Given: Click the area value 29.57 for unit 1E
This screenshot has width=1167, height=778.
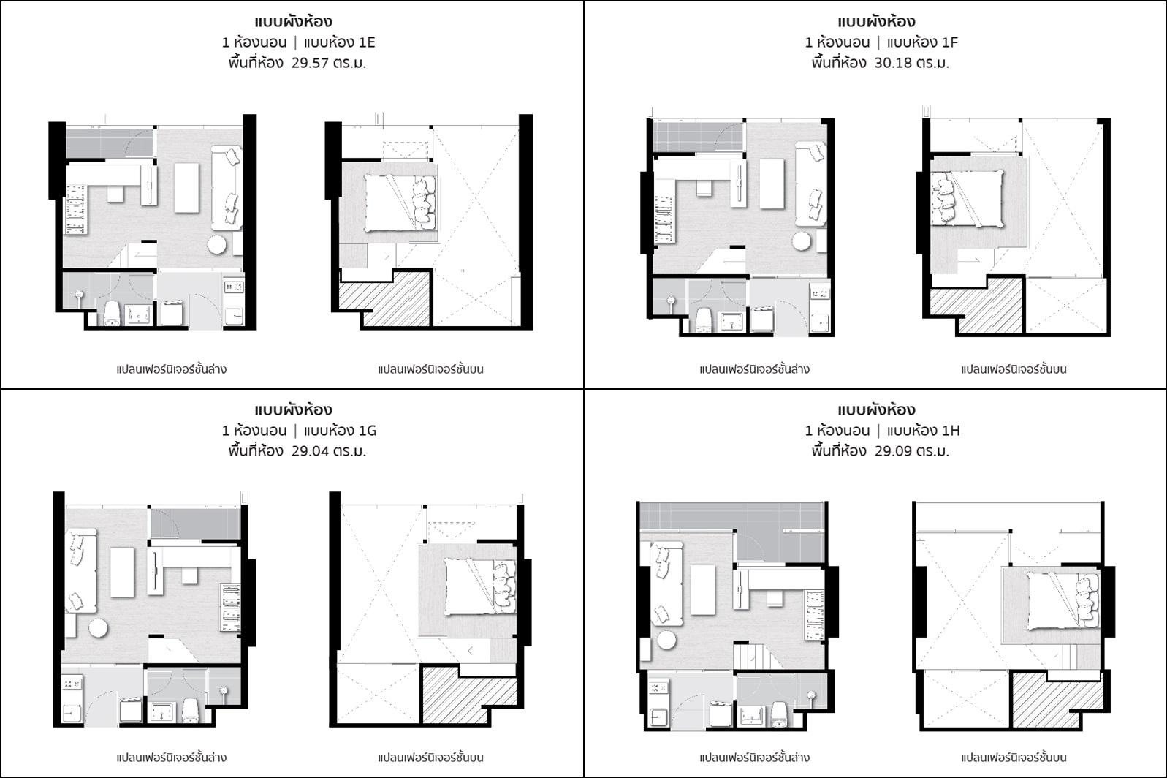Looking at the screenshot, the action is pyautogui.click(x=310, y=63).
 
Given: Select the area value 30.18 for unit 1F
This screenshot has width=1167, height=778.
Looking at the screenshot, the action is pyautogui.click(x=893, y=63).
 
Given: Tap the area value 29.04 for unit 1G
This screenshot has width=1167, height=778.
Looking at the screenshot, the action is pyautogui.click(x=310, y=451).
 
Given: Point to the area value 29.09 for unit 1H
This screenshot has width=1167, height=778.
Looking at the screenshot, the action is pyautogui.click(x=893, y=451).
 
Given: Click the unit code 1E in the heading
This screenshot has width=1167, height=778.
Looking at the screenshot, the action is pyautogui.click(x=367, y=42).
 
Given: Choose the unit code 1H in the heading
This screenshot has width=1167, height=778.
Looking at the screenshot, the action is pyautogui.click(x=951, y=430).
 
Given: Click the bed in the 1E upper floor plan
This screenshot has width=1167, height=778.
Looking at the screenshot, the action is pyautogui.click(x=400, y=203).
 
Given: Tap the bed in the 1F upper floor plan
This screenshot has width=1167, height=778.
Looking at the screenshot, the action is pyautogui.click(x=968, y=199).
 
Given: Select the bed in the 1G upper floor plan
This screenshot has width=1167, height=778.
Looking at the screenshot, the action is pyautogui.click(x=480, y=586).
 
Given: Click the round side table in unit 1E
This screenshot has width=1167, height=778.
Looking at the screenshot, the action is pyautogui.click(x=217, y=244).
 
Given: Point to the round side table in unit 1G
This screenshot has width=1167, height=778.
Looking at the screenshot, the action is pyautogui.click(x=98, y=627).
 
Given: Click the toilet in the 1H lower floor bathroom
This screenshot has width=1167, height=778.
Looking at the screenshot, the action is pyautogui.click(x=780, y=714).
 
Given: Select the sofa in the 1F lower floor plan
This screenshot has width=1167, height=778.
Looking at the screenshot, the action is pyautogui.click(x=810, y=184).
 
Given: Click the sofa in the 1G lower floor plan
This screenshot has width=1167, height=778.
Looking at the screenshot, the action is pyautogui.click(x=81, y=571).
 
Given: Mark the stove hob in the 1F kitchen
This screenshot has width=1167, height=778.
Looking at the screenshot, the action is pyautogui.click(x=819, y=293).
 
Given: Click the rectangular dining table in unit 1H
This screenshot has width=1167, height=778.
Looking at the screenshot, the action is pyautogui.click(x=703, y=590).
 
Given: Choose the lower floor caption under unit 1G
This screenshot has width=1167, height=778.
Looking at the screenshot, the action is pyautogui.click(x=172, y=757).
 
